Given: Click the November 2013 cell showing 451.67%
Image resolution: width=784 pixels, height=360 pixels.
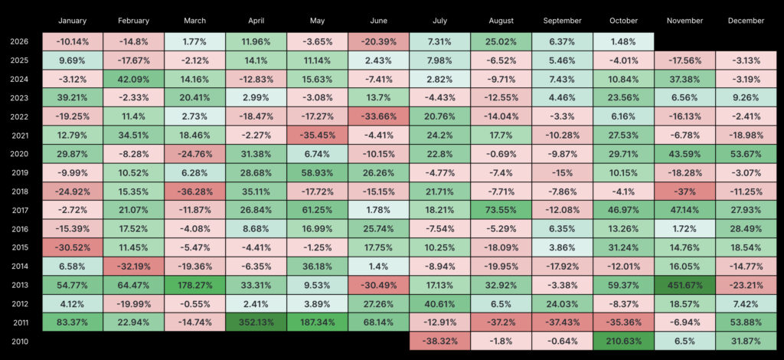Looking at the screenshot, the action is coord(685,286).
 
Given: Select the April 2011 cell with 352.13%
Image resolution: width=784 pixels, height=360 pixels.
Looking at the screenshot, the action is coord(256,322).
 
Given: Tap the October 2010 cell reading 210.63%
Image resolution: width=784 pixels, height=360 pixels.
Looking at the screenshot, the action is coord(623,342).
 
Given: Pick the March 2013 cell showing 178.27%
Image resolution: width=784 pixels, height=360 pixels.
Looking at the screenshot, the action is coord(195,286).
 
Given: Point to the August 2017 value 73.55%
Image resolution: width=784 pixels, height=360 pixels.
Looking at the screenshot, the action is coord(501,211).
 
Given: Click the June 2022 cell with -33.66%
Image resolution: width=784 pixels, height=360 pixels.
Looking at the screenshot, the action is coord(378,116).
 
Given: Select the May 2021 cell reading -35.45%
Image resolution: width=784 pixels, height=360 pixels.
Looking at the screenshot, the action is coord(318,136).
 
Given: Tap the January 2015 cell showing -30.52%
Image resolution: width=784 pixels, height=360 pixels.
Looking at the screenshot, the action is coord(73,248).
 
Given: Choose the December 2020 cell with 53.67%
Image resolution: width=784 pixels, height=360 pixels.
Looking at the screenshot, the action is coord(746,154).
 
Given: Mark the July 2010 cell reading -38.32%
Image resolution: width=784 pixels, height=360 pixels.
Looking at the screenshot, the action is coord(440,342).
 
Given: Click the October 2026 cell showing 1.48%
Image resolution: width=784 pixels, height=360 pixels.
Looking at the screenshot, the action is coord(623,41).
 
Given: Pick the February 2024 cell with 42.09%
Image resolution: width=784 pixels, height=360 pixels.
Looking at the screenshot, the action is coord(133,79).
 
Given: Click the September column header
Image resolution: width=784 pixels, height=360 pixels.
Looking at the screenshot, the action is coord(563,21).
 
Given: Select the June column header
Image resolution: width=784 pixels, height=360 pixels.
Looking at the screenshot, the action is coord(378,21).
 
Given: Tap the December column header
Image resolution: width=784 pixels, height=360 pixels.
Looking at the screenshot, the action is coord(746,21).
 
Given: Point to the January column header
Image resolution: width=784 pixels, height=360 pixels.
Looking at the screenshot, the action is coord(73,21).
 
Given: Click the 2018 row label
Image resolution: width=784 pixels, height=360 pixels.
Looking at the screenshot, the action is coord(18,191).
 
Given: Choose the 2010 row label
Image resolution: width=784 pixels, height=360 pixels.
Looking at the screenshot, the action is coord(18,342).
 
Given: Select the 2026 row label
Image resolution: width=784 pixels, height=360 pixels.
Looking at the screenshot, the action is coord(18,41).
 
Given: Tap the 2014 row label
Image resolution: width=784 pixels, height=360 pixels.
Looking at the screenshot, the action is coord(18,267).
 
